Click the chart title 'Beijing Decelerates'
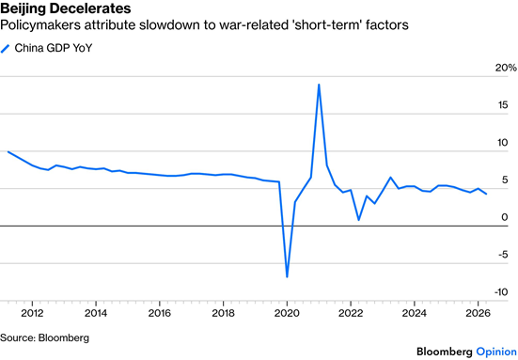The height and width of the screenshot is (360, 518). [x=66, y=8]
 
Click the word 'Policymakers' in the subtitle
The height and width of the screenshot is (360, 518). [x=40, y=25]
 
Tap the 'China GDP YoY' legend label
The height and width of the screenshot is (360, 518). [x=54, y=48]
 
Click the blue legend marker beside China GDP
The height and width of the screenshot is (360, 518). [x=5, y=49]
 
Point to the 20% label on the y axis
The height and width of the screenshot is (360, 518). [x=506, y=68]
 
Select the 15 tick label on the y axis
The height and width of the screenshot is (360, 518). [x=503, y=105]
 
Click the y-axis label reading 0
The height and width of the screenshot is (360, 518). [x=505, y=217]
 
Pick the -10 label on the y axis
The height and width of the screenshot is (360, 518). [x=501, y=292]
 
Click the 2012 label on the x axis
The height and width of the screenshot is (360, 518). [x=32, y=313]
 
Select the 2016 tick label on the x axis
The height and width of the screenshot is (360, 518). [x=160, y=313]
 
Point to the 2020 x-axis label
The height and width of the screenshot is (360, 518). [x=287, y=313]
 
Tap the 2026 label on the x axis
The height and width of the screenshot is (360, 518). [x=478, y=313]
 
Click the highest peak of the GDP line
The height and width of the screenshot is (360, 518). [x=319, y=85]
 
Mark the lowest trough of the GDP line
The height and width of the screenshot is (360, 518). [x=287, y=276]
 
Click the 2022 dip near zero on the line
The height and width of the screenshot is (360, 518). [x=359, y=220]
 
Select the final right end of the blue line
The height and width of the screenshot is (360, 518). [x=486, y=194]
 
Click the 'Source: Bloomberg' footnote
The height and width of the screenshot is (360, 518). [x=44, y=337]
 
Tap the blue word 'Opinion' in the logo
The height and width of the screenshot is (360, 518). [x=496, y=352]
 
